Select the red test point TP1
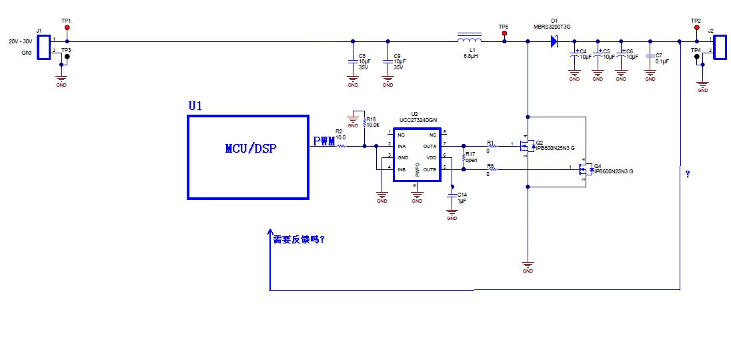[x=67, y=28]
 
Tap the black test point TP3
[x=67, y=57]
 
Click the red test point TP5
[x=504, y=33]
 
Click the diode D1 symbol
[x=554, y=42]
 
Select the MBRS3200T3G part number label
[x=552, y=27]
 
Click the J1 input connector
[x=43, y=47]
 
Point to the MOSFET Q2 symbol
[x=526, y=147]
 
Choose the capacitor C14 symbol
[x=452, y=196]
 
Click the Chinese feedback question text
[x=299, y=239]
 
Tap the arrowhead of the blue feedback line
[x=269, y=234]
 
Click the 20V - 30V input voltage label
[x=19, y=41]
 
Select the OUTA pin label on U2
[x=430, y=145]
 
